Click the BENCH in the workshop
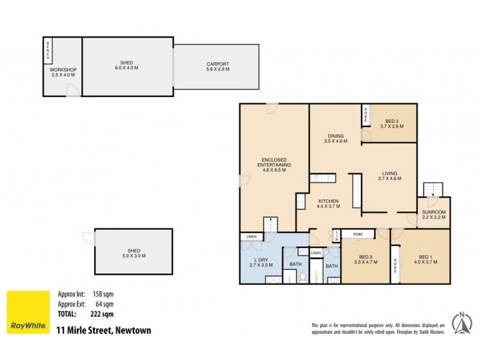(48, 51)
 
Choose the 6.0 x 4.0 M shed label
(126, 65)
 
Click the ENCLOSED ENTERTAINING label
(274, 167)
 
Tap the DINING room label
(335, 139)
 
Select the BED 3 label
(392, 124)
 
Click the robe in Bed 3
(365, 115)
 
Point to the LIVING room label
(390, 178)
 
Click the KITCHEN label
(328, 203)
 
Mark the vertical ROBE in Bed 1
(395, 265)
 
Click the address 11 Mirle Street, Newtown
(103, 330)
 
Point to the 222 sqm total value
(103, 314)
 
